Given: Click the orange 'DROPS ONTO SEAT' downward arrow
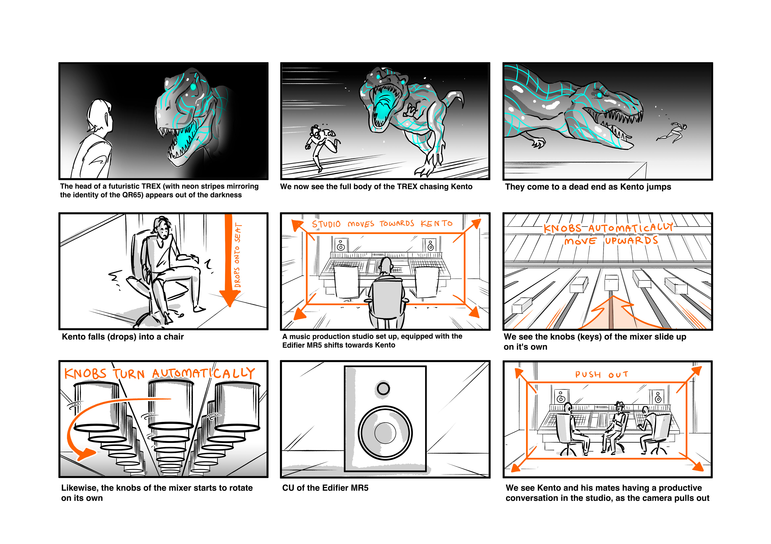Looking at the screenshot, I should (229, 262).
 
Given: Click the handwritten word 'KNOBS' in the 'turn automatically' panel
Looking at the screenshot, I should (85, 373).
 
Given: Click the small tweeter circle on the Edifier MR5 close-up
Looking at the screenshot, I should (383, 389).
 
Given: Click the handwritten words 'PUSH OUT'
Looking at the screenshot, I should (601, 374).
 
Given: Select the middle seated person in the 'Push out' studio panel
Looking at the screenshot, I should (616, 426).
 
